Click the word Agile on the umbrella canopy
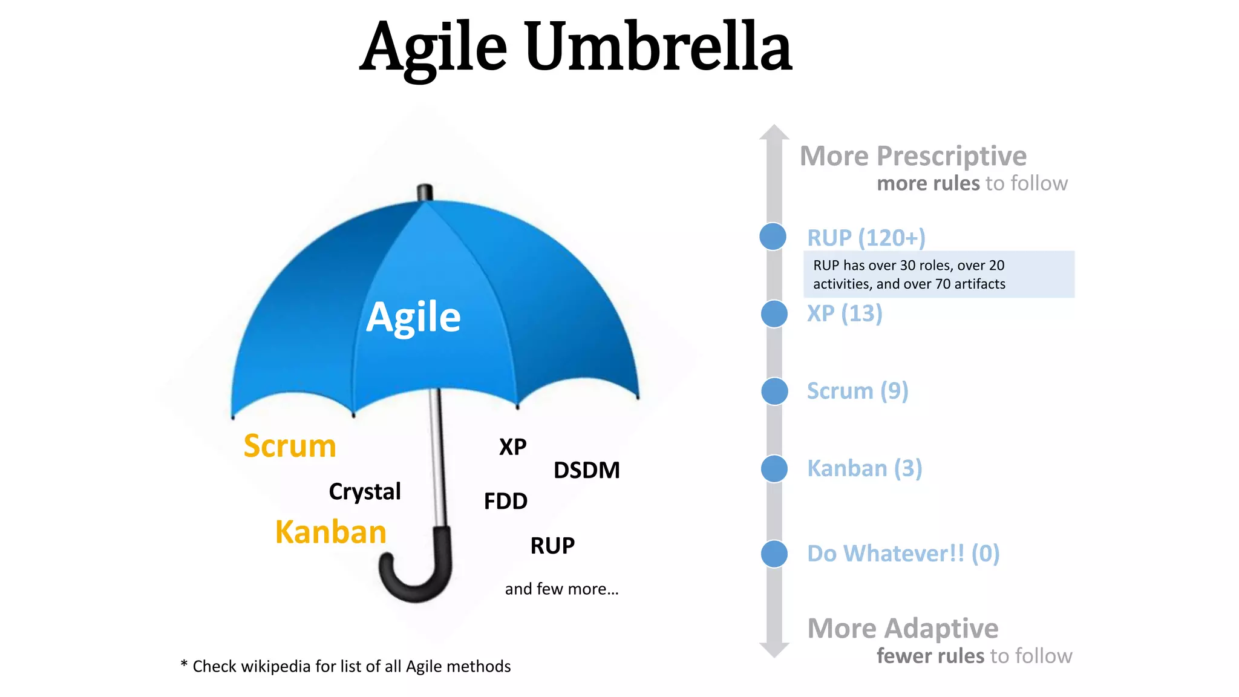(x=413, y=317)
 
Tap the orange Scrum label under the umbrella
(x=290, y=446)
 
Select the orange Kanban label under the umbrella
(x=330, y=532)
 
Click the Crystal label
(x=365, y=491)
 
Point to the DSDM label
(x=587, y=470)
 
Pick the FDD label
(x=506, y=501)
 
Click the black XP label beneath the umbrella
(x=512, y=447)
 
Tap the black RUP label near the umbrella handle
(x=552, y=545)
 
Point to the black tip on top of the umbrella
(x=425, y=192)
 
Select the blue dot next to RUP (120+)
(x=773, y=236)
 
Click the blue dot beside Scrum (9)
(x=774, y=391)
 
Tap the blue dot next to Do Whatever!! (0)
(x=774, y=554)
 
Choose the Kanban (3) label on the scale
(x=865, y=468)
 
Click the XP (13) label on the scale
(x=845, y=313)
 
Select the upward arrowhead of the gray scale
(x=774, y=133)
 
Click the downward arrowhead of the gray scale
(x=774, y=650)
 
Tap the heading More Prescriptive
(x=913, y=156)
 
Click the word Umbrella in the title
(x=658, y=47)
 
